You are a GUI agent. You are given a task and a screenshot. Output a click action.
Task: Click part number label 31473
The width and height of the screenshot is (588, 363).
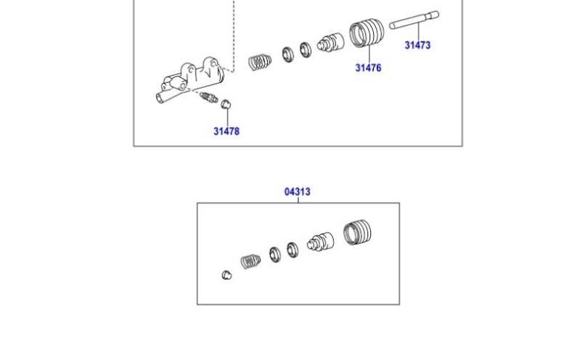coord(417,45)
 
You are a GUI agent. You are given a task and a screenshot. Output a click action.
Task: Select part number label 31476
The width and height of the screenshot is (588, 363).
coord(368,68)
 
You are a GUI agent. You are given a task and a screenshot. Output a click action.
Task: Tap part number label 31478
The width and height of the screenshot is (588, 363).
coord(226,131)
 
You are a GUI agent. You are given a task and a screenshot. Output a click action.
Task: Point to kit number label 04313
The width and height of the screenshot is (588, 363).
coord(298,192)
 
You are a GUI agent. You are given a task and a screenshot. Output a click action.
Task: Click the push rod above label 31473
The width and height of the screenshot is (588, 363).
coord(414,20)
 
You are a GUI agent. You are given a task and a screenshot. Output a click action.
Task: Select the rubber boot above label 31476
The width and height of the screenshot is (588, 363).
coord(367,33)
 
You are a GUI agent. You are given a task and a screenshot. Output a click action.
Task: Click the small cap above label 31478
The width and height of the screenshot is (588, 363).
coord(225,105)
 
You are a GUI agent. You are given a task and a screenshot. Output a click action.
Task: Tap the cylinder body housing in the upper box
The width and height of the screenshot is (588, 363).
coord(189,80)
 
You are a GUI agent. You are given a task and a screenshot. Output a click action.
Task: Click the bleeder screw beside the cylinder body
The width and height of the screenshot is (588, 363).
coord(208,97)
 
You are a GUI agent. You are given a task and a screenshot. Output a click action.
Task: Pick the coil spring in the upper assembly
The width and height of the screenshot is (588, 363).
coord(260,62)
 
